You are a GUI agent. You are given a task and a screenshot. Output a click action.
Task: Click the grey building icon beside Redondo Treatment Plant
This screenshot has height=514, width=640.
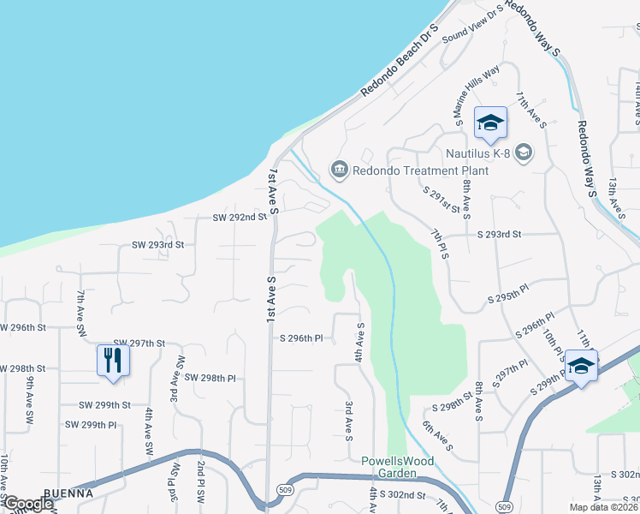(340, 168)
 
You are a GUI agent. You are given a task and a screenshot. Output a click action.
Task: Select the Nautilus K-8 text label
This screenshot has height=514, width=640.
(478, 154)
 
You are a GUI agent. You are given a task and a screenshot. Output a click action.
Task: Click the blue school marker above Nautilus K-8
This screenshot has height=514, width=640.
(490, 123)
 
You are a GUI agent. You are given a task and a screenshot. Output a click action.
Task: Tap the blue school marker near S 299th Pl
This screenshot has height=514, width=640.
(581, 368)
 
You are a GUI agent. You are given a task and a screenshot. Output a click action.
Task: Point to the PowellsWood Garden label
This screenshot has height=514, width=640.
(397, 467)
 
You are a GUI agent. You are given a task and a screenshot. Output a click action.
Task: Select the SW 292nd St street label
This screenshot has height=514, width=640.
(240, 218)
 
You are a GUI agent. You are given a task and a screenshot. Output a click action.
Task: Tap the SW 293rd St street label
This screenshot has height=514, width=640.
(157, 245)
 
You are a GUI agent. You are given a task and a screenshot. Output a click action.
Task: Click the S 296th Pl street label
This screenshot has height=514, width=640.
(301, 338)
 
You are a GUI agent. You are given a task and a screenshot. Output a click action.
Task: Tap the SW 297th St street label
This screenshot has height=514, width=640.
(136, 343)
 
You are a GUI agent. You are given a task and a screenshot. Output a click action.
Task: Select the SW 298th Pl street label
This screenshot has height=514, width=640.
(210, 378)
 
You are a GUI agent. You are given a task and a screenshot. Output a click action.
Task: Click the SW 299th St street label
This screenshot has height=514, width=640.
(105, 404)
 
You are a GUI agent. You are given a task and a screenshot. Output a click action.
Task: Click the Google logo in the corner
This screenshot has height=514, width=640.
(28, 504)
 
